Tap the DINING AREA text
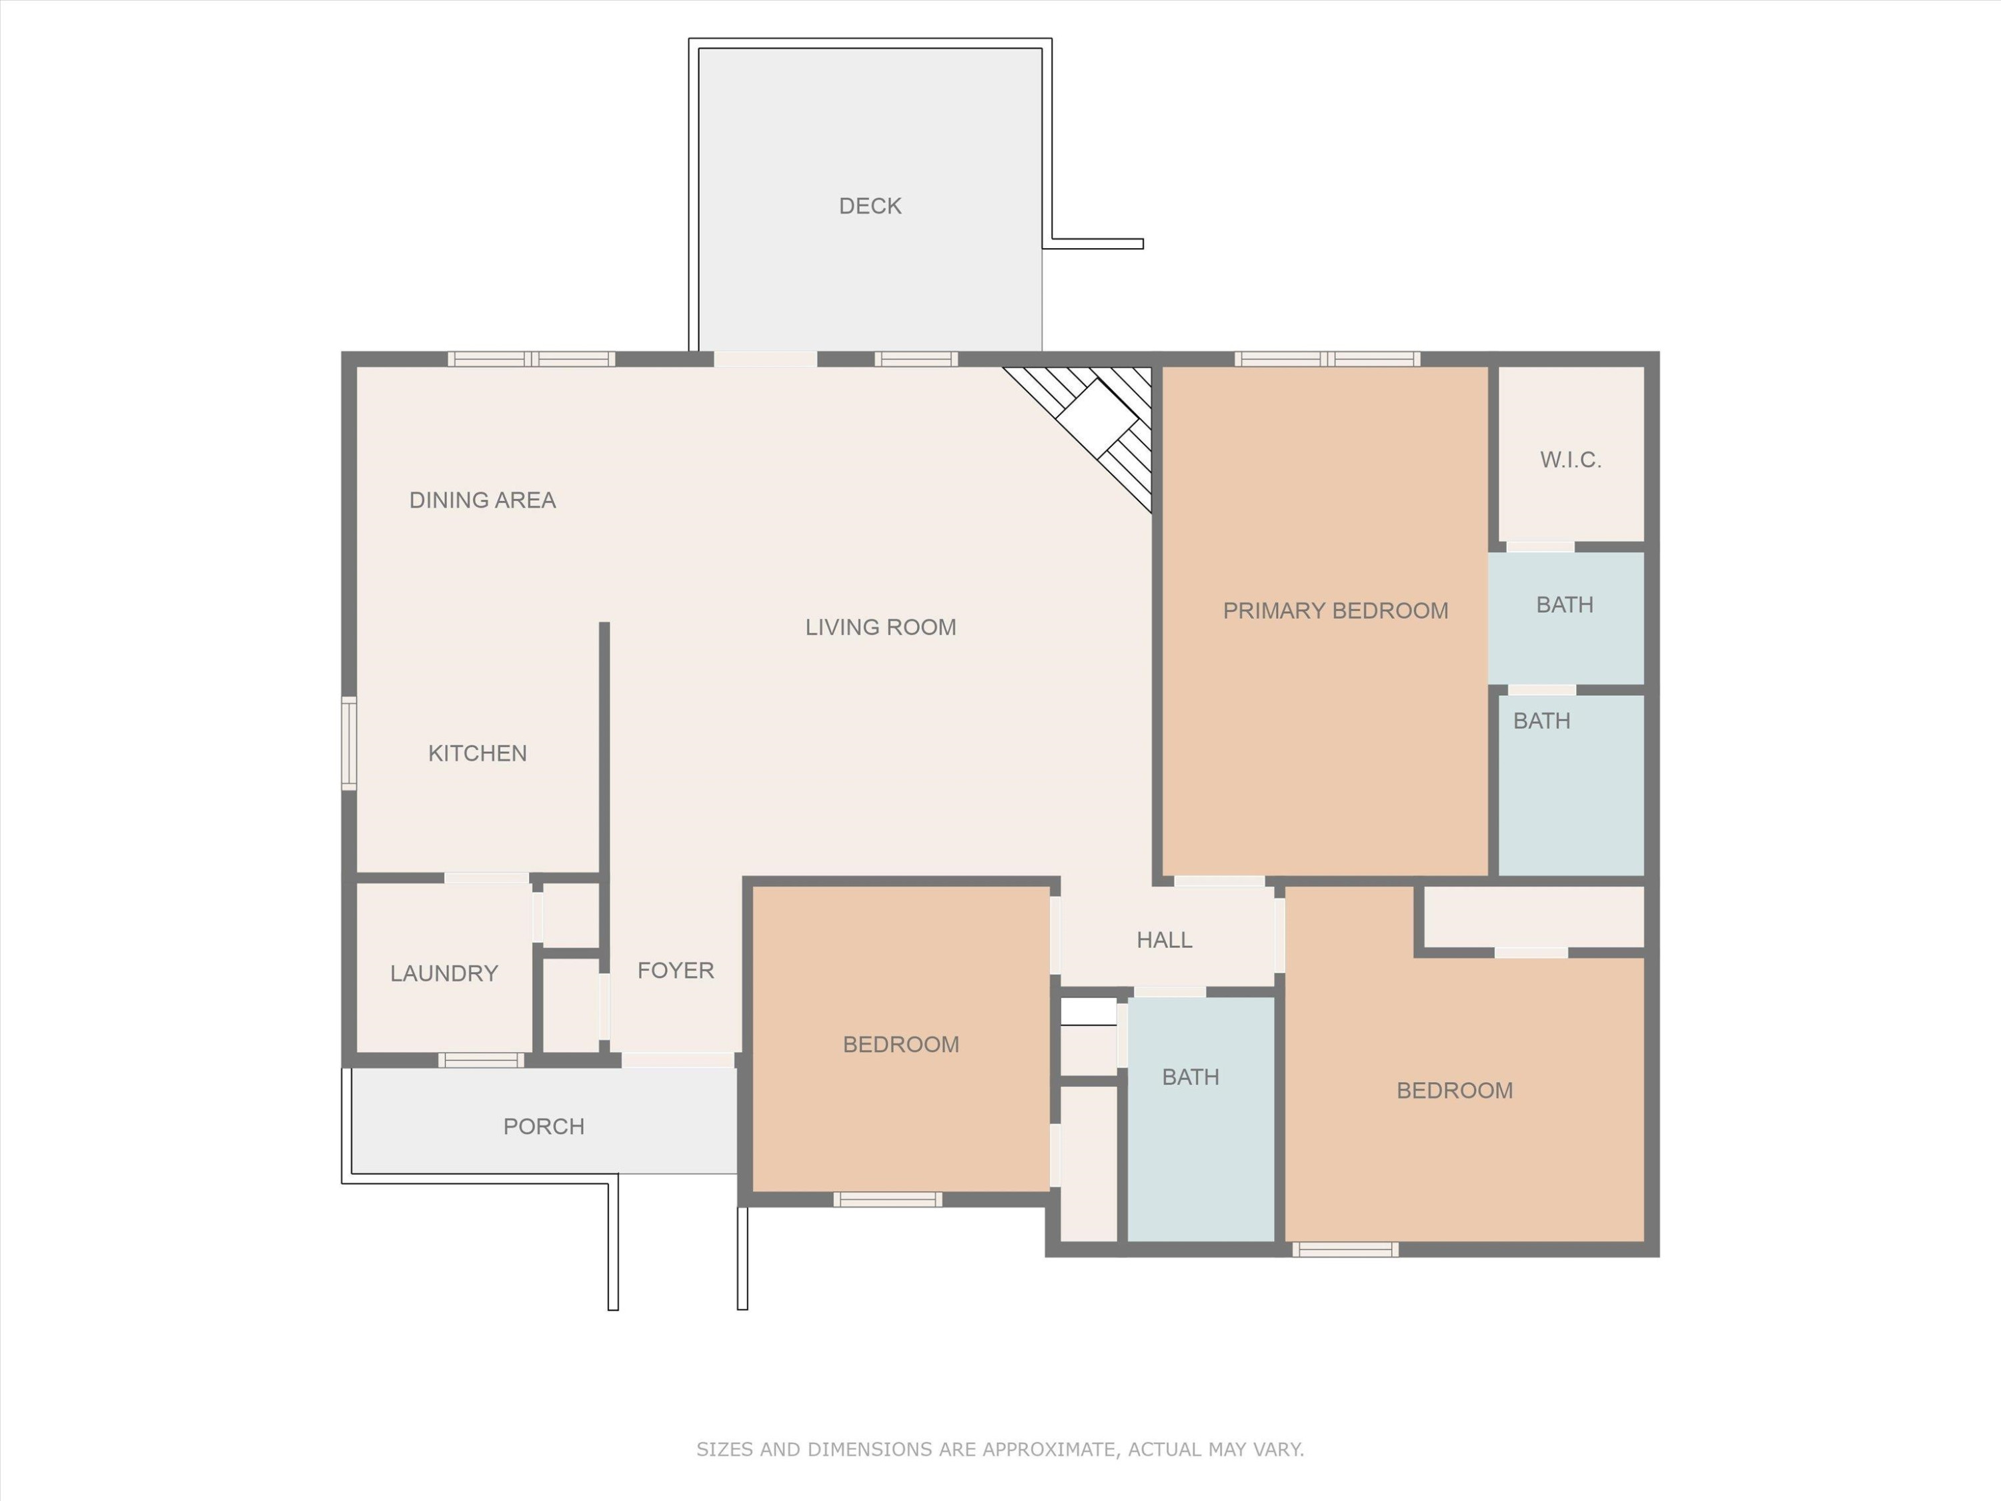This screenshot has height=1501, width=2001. click(x=482, y=500)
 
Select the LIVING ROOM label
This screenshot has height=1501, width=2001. click(x=880, y=627)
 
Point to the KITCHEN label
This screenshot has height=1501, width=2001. click(x=477, y=753)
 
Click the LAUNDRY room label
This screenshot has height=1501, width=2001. click(x=444, y=973)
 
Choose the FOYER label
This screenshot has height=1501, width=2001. click(x=675, y=971)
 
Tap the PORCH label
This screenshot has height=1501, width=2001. click(x=543, y=1127)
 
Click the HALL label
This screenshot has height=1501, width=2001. click(x=1163, y=940)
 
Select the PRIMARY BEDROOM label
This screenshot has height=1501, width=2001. click(x=1335, y=610)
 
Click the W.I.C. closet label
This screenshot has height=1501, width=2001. click(x=1570, y=460)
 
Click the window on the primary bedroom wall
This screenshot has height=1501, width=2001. click(x=1327, y=359)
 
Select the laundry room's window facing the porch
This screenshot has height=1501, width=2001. click(x=482, y=1061)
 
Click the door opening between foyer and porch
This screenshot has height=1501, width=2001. click(x=678, y=1061)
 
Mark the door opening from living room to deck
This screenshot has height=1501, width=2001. click(x=765, y=359)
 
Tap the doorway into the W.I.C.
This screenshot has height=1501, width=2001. click(x=1539, y=546)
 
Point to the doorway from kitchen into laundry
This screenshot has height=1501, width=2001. click(x=486, y=878)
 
